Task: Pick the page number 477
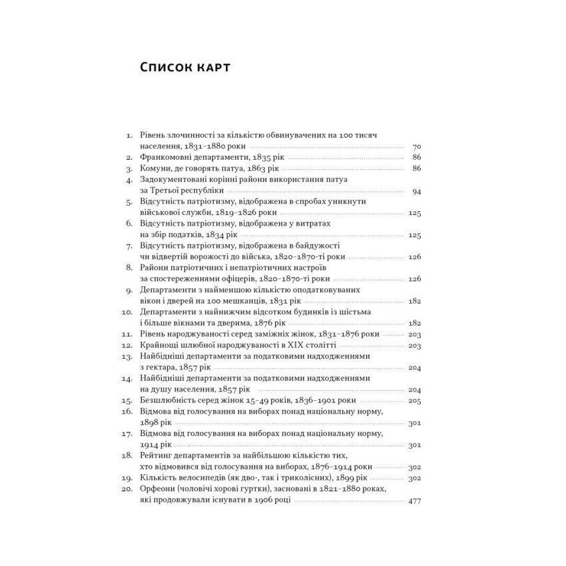tap(414, 501)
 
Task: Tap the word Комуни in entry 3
tap(155, 168)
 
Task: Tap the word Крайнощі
tap(160, 346)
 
